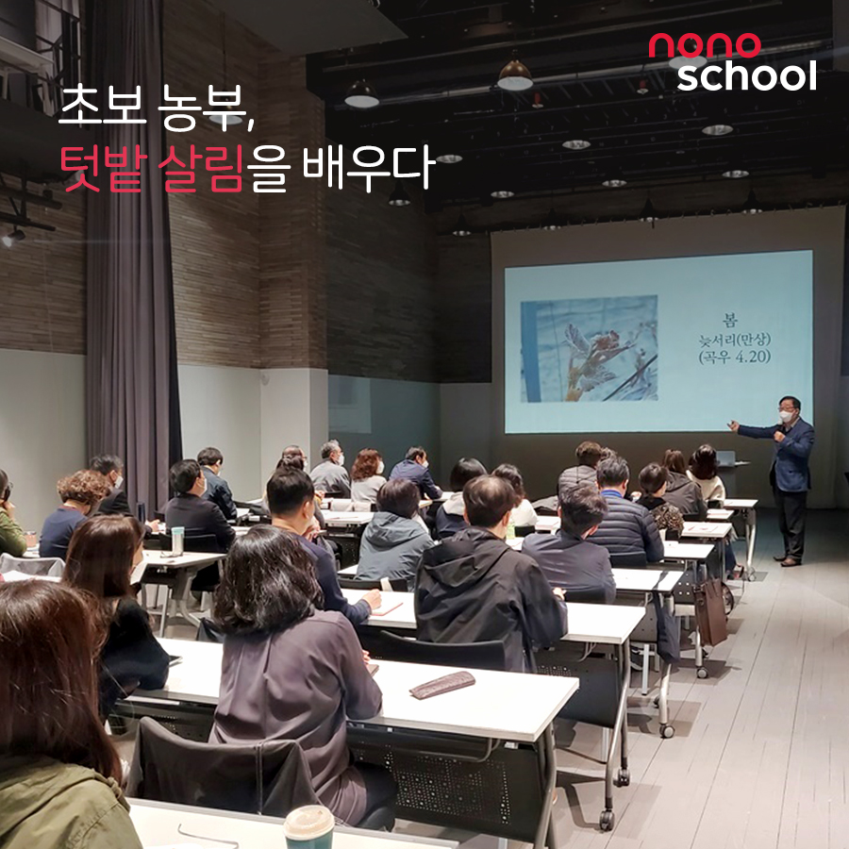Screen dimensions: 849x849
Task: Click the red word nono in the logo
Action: [x=705, y=45]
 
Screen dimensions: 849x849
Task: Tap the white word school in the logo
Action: [x=747, y=75]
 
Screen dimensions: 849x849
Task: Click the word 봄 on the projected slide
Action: [x=730, y=320]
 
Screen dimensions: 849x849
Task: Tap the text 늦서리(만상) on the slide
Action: [x=734, y=340]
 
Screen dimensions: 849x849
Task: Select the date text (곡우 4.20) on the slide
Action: [x=734, y=358]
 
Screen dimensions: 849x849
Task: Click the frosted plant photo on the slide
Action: [x=589, y=349]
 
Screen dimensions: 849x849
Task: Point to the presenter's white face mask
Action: [x=786, y=416]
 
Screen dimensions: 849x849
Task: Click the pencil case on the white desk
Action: [x=441, y=685]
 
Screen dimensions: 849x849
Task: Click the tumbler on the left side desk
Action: [x=177, y=541]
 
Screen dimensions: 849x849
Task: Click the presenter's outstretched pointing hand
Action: [x=734, y=426]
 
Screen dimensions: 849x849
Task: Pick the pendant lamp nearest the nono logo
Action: [x=687, y=60]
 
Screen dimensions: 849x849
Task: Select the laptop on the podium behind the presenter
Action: [x=726, y=458]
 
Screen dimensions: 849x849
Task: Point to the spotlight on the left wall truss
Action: [x=12, y=237]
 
